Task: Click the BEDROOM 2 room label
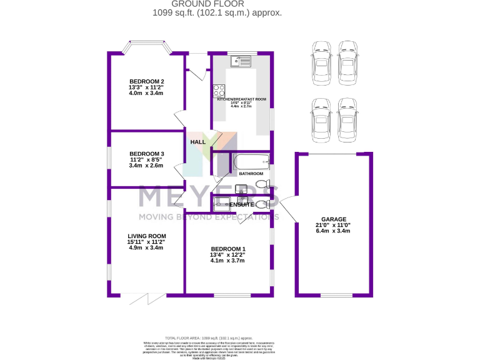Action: (146, 81)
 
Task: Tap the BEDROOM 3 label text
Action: (146, 154)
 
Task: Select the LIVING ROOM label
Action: (146, 236)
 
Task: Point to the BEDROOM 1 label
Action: (227, 249)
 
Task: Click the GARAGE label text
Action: (333, 219)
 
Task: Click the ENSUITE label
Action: (241, 204)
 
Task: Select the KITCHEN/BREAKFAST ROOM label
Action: (241, 99)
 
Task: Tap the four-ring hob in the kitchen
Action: (219, 89)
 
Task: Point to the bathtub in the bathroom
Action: (250, 162)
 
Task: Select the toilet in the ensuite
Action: (263, 204)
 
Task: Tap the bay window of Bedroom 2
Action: (147, 45)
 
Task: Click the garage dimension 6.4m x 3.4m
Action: (333, 231)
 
